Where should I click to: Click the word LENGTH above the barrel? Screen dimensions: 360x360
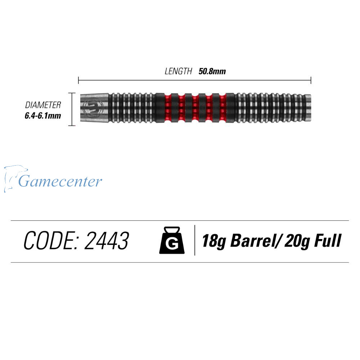[178, 71]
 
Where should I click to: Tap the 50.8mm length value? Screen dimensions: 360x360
[212, 71]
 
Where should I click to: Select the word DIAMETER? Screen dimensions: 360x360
[43, 105]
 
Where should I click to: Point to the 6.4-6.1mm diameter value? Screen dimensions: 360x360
[43, 116]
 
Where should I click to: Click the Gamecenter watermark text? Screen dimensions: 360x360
[60, 181]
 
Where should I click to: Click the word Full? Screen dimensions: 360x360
[328, 240]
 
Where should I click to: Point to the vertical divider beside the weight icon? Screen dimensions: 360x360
[195, 240]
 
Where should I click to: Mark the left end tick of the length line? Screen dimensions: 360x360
[78, 80]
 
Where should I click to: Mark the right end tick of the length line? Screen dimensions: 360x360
[311, 80]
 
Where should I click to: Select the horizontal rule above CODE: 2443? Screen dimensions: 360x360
[180, 220]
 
